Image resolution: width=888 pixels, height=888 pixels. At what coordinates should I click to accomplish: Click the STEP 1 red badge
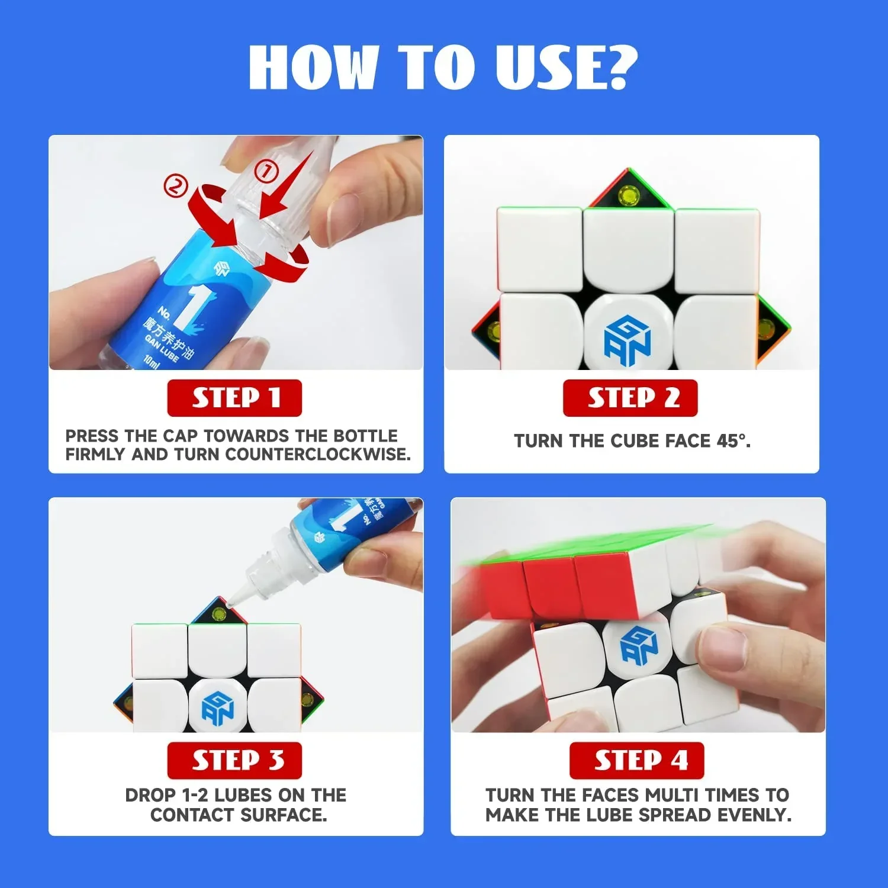(x=234, y=398)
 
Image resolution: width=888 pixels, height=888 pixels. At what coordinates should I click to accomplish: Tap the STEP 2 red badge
(x=630, y=398)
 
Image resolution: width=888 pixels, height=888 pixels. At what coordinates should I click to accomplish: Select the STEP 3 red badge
(x=234, y=760)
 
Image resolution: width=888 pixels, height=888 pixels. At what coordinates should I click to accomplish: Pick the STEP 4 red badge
(x=636, y=760)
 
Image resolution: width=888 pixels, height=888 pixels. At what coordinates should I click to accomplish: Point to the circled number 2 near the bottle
(x=175, y=186)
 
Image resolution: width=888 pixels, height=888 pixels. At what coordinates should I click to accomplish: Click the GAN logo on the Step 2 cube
(x=628, y=341)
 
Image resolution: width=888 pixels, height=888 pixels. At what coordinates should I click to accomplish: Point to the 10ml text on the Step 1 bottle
(x=152, y=361)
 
